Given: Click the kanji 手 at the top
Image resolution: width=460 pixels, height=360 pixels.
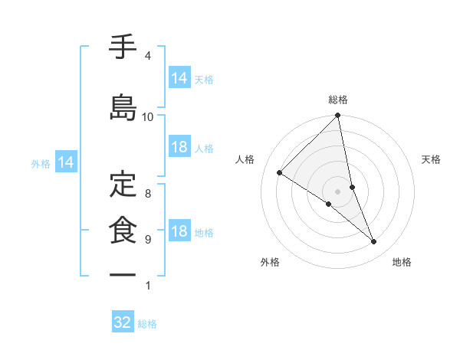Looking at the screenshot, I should (123, 48).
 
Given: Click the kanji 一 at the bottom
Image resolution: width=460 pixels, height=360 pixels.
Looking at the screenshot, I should (123, 274).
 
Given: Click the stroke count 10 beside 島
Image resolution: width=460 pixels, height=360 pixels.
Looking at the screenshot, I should (148, 116).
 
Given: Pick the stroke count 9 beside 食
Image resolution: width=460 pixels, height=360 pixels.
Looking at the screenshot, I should (148, 240).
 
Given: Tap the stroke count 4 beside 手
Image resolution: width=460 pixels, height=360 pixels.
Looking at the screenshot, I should (148, 56).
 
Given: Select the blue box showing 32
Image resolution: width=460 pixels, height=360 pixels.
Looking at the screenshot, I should (123, 322).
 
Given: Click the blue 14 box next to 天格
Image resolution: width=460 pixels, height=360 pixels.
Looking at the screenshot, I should (179, 77).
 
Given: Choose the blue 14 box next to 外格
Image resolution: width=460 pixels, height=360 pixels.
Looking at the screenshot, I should (66, 162).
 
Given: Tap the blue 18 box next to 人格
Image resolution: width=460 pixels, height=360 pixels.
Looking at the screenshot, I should (179, 147).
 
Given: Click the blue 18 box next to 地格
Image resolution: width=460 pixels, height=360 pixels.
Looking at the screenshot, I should (179, 232).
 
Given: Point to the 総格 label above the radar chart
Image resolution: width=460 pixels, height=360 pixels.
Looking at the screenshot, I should (338, 100).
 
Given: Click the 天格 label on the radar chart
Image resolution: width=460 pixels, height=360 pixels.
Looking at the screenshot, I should (431, 159).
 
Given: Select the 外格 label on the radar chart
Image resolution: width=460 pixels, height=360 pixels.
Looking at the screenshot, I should (270, 262).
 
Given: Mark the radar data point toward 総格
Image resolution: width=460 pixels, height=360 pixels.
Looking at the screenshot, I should (338, 116).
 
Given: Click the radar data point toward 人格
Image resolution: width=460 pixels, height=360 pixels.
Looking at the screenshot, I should (280, 173).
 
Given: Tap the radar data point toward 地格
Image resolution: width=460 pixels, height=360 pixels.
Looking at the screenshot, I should (374, 241).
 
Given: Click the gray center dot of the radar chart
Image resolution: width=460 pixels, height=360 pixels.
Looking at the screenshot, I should (338, 191).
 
